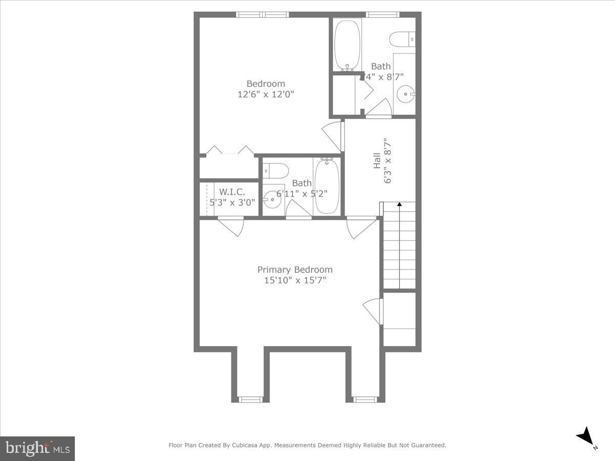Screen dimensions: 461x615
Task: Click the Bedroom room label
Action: (265, 83)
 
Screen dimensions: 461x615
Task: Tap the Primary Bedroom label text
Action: (295, 269)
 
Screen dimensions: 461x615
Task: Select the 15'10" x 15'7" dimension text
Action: (295, 280)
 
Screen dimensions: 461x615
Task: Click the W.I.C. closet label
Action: (232, 192)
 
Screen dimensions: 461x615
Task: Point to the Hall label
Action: (377, 161)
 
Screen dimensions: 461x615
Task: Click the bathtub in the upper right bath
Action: (347, 45)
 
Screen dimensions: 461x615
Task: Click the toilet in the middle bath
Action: (275, 170)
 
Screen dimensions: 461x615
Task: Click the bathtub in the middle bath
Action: (326, 185)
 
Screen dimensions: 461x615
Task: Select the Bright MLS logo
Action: (37, 448)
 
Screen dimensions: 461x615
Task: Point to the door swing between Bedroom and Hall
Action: (333, 136)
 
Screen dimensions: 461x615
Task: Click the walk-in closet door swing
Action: (231, 226)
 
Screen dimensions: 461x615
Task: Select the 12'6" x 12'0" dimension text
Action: (265, 94)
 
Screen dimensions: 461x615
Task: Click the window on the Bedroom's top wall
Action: (262, 14)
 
